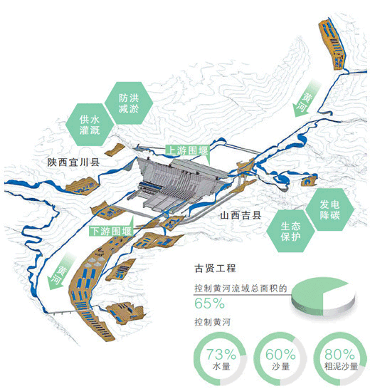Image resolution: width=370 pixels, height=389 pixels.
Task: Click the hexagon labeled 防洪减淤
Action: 129,103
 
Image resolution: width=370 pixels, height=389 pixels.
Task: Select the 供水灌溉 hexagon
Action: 90,125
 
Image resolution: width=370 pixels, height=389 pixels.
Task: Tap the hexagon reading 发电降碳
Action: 329,209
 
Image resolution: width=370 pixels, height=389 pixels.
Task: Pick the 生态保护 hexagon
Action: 291,231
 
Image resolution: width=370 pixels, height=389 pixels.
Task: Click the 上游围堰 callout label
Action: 188,150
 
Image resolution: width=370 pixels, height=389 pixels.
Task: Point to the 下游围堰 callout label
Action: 111,231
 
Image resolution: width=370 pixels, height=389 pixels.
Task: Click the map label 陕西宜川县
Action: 73,162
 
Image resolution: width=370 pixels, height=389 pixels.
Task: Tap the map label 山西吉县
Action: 240,215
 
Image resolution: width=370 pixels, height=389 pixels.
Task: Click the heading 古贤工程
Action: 215,269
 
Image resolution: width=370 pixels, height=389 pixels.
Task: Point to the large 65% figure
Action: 209,304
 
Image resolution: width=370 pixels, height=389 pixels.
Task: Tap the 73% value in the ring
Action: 221,354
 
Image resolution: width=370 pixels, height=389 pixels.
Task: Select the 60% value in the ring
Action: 280,354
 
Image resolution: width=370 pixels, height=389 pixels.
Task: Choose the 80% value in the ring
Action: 340,354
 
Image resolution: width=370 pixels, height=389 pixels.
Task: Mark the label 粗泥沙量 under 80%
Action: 342,366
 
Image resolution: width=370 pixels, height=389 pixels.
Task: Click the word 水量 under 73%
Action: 221,366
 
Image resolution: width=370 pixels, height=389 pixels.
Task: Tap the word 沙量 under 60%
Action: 281,366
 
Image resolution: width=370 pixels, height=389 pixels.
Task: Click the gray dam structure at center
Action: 179,185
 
